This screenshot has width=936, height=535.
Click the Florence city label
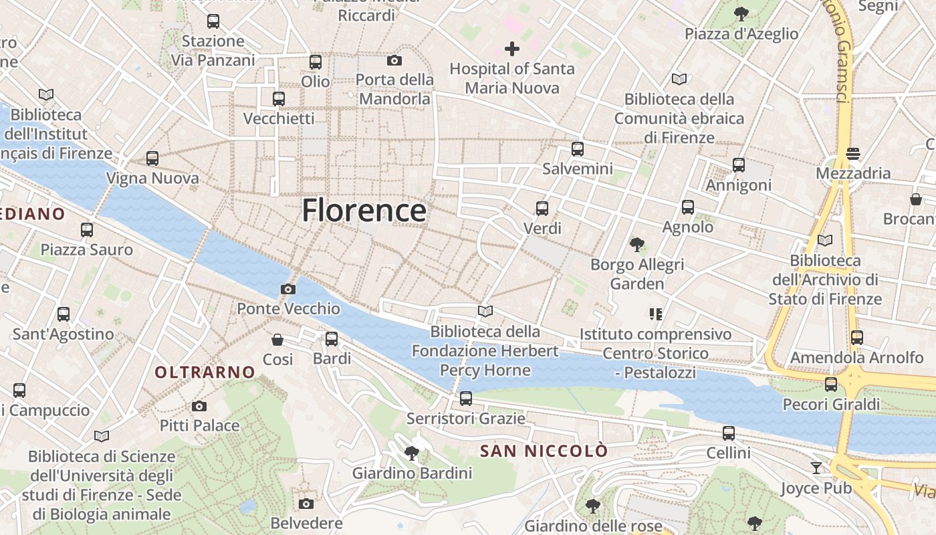tap(364, 211)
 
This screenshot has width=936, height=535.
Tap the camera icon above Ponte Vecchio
tap(288, 289)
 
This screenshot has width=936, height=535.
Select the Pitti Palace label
tap(199, 425)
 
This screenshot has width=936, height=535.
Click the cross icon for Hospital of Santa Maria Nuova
tap(512, 49)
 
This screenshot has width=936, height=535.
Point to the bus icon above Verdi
tap(542, 209)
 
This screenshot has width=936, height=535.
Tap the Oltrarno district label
tap(205, 372)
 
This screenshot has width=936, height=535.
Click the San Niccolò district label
tap(544, 451)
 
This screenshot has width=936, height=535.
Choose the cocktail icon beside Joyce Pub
tap(816, 467)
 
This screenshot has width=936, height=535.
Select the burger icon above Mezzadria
tap(852, 154)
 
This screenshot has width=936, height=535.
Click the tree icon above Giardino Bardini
tap(412, 453)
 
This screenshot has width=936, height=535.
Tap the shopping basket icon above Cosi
tap(277, 340)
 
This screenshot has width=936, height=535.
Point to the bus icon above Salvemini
tap(578, 149)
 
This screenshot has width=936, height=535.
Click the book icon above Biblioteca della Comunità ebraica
tap(679, 80)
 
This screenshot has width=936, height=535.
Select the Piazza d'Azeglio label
tap(741, 33)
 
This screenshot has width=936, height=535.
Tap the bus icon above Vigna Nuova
tap(152, 158)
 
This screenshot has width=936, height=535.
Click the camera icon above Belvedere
tap(306, 504)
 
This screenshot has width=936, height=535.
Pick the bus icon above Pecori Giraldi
tap(831, 385)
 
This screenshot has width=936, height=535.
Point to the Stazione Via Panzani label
tap(213, 50)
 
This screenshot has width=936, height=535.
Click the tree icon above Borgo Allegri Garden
tap(637, 245)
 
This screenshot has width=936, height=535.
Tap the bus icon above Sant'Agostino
tap(64, 314)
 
